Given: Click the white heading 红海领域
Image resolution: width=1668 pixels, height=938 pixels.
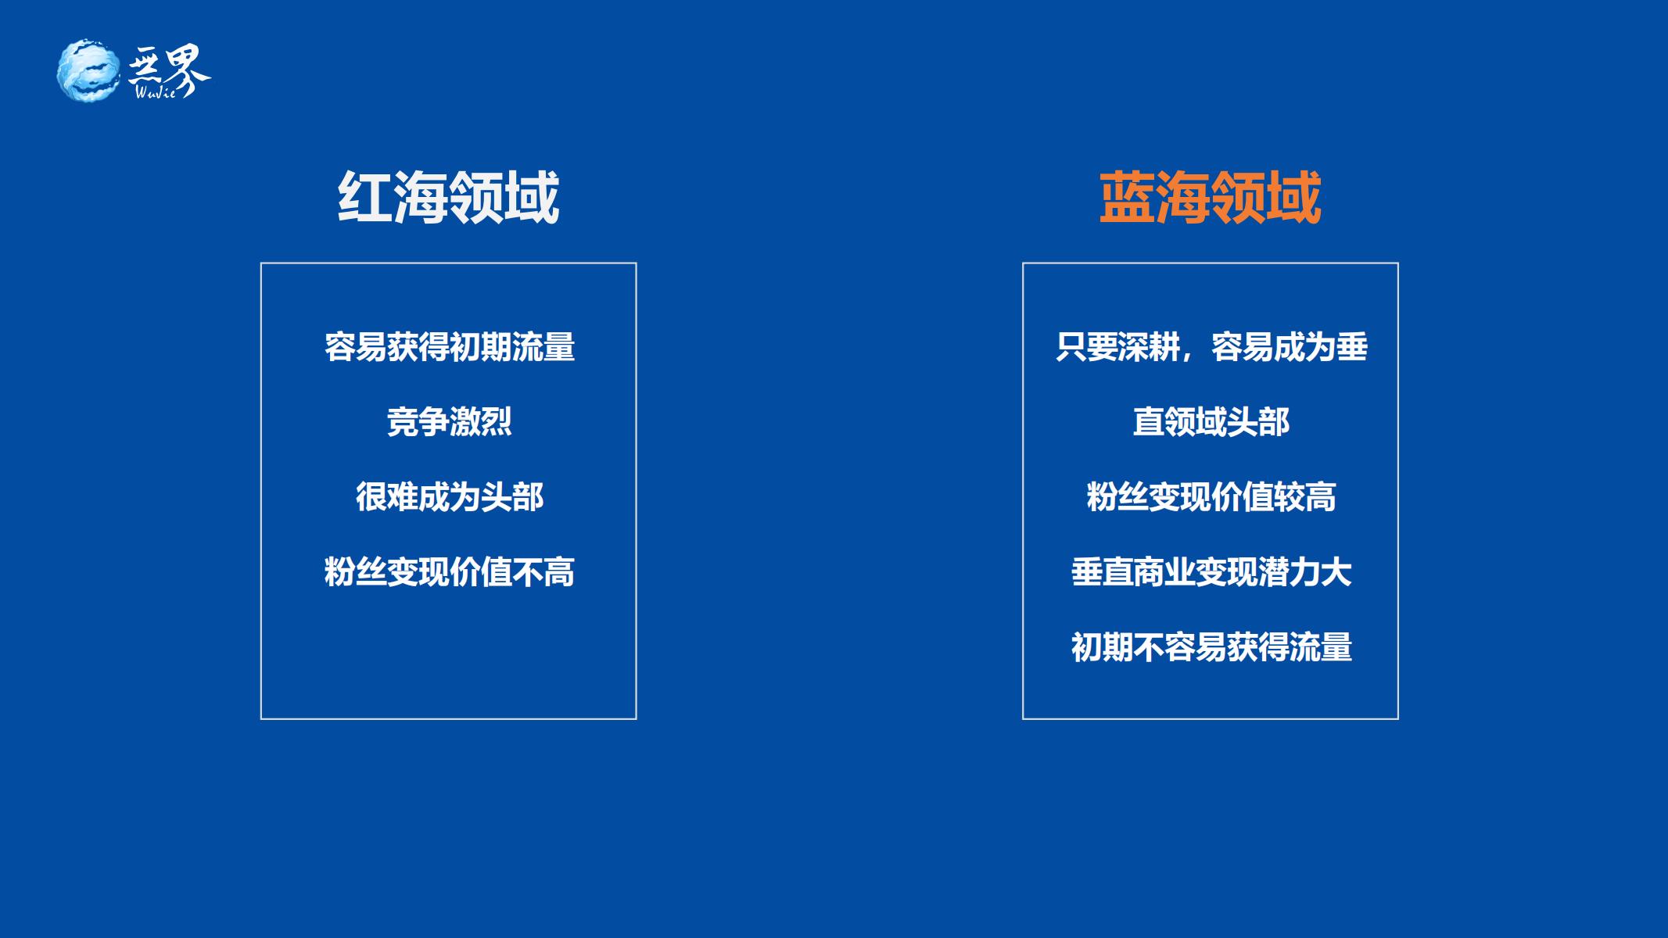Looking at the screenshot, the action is (x=448, y=198).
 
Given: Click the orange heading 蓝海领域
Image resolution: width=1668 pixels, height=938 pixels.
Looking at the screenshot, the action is (x=1210, y=198).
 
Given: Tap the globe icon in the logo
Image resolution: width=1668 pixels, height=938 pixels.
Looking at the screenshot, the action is (x=88, y=70).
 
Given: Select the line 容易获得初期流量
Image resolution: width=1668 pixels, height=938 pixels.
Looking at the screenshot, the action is (x=450, y=347).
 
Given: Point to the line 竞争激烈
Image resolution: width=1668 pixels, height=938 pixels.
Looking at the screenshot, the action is (x=450, y=422).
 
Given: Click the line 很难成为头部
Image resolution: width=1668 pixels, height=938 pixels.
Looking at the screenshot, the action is (x=450, y=497).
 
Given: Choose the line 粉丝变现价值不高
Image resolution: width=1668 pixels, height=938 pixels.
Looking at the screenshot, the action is (x=450, y=572).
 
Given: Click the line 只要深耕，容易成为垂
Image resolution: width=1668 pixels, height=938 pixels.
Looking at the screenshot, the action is (x=1211, y=347).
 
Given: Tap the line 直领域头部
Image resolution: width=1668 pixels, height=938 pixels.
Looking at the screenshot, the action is (x=1211, y=422).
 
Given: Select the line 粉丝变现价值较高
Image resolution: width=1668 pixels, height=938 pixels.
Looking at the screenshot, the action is (x=1211, y=497).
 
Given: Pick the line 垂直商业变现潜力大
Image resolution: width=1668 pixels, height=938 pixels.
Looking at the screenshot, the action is (x=1211, y=572).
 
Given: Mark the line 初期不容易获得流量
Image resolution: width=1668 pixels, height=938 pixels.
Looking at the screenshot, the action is (x=1211, y=647).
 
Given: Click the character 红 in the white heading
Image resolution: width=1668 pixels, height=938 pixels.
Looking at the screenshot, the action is (x=364, y=198).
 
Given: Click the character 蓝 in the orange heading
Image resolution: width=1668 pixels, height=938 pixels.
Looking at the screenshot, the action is (x=1126, y=198).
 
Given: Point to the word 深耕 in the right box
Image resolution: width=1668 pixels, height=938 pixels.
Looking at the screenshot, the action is (x=1149, y=347).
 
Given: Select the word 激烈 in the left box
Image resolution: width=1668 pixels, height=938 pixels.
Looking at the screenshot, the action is (x=481, y=422).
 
